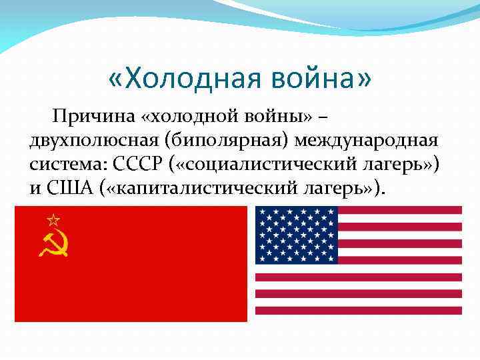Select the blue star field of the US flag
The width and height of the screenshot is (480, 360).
(297, 235)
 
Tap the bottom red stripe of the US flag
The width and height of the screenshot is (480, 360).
(359, 310)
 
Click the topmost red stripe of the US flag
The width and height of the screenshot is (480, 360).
(400, 210)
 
